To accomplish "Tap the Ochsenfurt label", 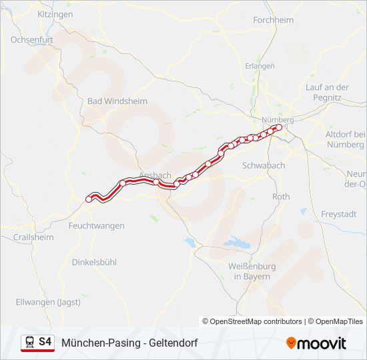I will (x=31, y=39).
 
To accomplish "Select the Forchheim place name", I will (x=273, y=20).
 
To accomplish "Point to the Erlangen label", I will (x=260, y=66).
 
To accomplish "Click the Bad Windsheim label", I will (x=117, y=101).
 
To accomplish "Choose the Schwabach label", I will (x=264, y=165).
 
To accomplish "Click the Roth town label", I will (x=281, y=197).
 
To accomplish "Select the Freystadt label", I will (x=339, y=214).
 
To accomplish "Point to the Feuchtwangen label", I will (x=96, y=225).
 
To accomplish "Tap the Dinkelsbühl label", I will (x=94, y=262).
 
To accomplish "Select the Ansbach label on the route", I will (x=155, y=175).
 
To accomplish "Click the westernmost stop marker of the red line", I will (x=89, y=199).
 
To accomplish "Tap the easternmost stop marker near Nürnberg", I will (x=280, y=127).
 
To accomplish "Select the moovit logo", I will (x=316, y=343).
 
